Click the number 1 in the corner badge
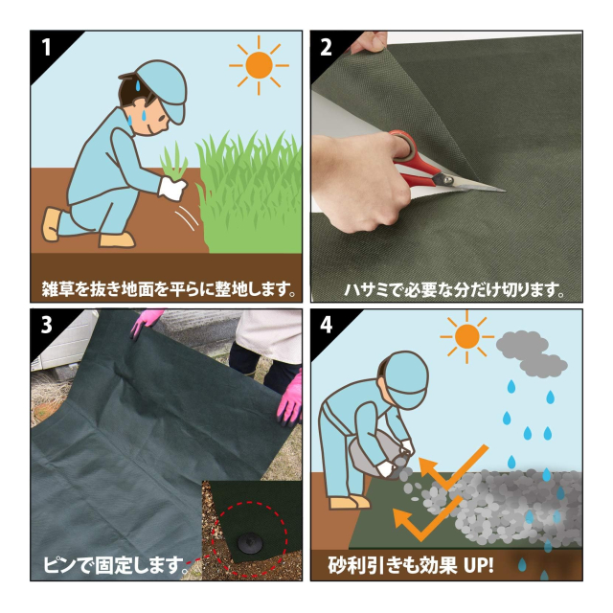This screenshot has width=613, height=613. (47, 47)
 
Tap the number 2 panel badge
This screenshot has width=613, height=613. (326, 47)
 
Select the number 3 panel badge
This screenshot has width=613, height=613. (46, 325)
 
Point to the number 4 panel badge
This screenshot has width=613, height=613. (326, 325)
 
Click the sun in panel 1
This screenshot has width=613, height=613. (259, 65)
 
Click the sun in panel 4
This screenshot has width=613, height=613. (466, 336)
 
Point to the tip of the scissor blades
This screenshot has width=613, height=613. (505, 191)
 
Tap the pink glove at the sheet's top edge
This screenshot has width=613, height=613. (146, 322)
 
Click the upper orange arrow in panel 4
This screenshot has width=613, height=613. (453, 467)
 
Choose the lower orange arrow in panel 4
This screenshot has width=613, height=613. (427, 519)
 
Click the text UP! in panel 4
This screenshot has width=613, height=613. (479, 565)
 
